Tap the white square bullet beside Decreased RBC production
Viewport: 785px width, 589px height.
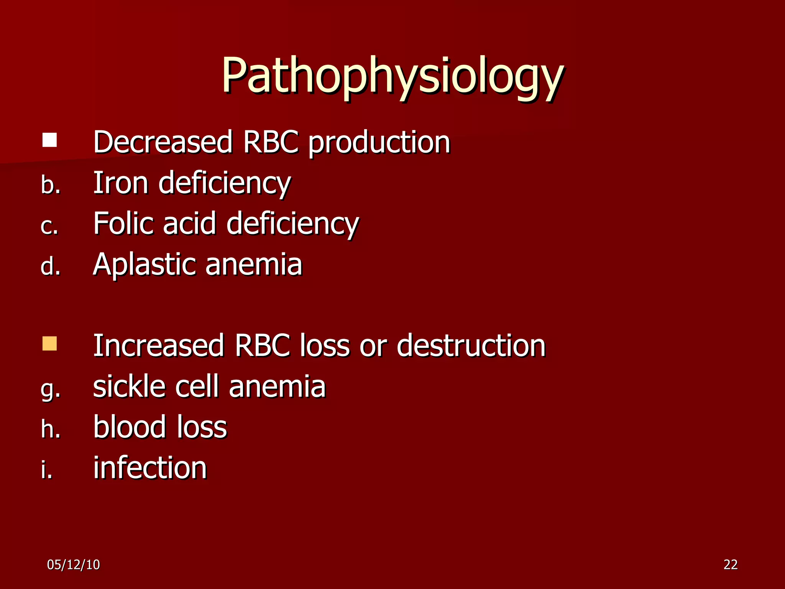click(x=50, y=140)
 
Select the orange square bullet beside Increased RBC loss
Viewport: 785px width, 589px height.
click(x=50, y=344)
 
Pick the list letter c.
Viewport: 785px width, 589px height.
click(x=49, y=226)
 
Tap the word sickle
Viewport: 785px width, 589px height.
click(x=130, y=386)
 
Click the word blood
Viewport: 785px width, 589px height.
click(x=130, y=427)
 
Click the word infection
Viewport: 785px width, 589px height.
click(x=150, y=467)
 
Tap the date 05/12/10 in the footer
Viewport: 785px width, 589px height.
click(x=74, y=565)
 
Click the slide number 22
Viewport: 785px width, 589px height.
click(x=731, y=564)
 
